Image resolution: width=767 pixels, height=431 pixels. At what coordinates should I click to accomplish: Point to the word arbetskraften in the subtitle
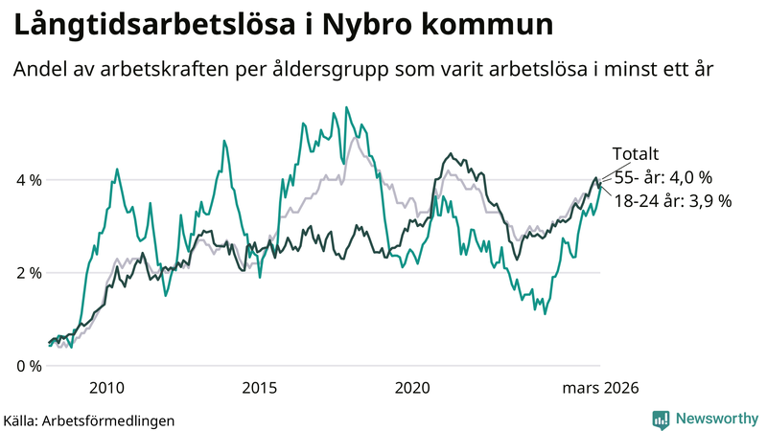click(x=169, y=71)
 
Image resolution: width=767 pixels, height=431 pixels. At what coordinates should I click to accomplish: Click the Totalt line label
click(x=636, y=155)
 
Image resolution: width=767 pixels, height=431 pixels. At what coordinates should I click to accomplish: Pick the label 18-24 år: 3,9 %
click(x=672, y=201)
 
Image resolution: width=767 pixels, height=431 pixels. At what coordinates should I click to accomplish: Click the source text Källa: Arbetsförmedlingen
click(x=90, y=420)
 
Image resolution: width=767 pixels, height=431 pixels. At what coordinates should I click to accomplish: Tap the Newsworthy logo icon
click(x=661, y=419)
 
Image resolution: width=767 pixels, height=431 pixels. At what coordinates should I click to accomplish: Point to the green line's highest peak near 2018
click(x=346, y=107)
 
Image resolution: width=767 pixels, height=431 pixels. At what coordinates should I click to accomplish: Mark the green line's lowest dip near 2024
click(x=545, y=313)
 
